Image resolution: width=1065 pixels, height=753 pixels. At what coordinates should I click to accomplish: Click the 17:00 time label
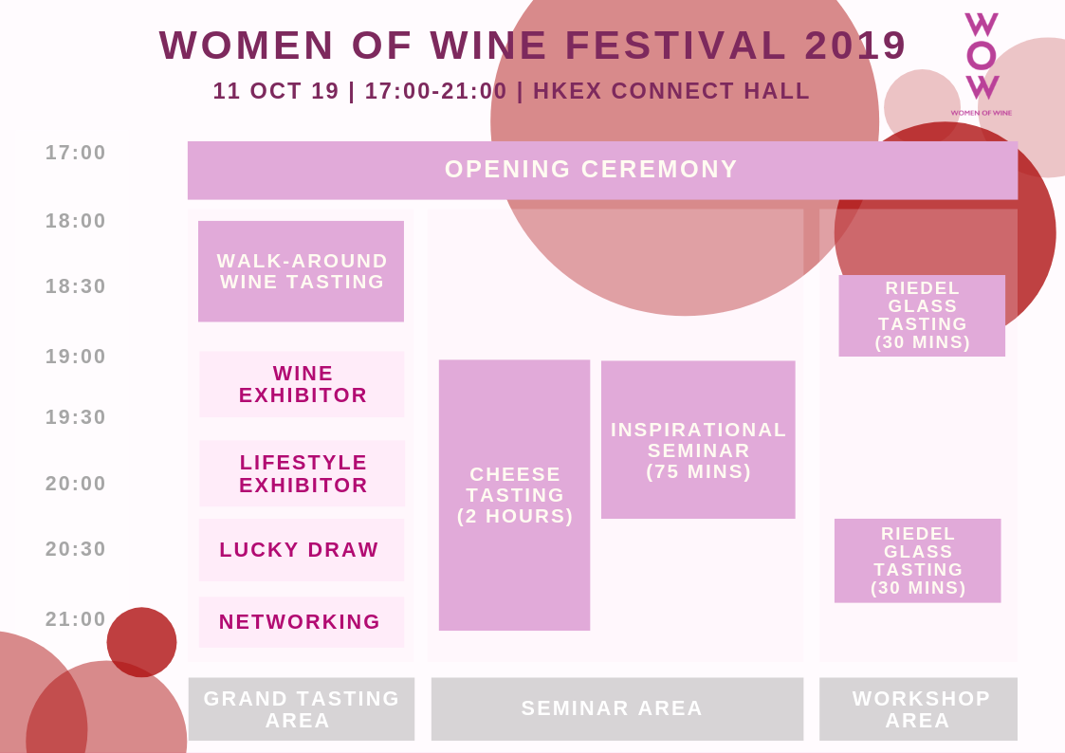(75, 153)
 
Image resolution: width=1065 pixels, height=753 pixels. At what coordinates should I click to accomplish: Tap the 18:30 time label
(75, 286)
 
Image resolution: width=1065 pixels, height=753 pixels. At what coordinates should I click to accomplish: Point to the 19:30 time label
(75, 417)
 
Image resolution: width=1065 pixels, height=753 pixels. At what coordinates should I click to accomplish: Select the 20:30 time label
(75, 548)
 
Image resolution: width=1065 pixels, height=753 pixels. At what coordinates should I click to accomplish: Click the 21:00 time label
(75, 619)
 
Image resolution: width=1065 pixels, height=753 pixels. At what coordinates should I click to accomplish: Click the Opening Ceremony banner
(602, 171)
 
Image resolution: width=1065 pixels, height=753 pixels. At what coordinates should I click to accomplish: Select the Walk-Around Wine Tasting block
(301, 271)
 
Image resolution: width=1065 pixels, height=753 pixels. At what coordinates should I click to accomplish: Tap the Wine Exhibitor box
(302, 384)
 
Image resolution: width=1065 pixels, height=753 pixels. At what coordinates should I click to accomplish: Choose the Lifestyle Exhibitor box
(302, 473)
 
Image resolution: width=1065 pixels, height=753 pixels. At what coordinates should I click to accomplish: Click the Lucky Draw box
(302, 550)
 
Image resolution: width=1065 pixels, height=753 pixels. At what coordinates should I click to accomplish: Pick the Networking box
(302, 622)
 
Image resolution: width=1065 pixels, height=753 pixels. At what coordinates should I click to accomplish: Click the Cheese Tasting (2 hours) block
(514, 495)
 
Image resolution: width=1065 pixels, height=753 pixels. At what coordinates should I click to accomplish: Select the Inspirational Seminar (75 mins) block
(698, 439)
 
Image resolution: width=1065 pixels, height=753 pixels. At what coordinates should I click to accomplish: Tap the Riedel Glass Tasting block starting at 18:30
(922, 316)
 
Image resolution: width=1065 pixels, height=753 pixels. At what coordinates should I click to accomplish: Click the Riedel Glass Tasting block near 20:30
(918, 560)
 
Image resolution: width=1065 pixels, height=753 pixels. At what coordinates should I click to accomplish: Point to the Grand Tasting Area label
(302, 708)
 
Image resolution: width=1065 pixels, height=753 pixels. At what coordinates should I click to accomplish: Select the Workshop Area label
(918, 708)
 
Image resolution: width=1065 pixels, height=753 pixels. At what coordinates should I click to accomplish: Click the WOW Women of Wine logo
(982, 64)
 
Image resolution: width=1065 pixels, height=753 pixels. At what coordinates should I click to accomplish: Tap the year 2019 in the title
(855, 46)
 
